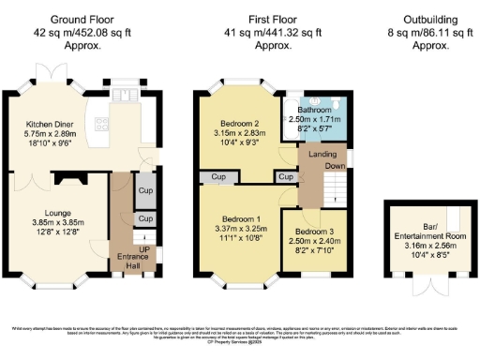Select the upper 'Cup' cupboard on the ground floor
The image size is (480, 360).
tap(145, 188)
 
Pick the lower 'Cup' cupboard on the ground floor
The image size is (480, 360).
tap(145, 219)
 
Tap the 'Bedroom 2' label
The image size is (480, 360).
tap(239, 125)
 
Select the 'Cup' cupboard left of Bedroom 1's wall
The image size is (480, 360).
tap(218, 176)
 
